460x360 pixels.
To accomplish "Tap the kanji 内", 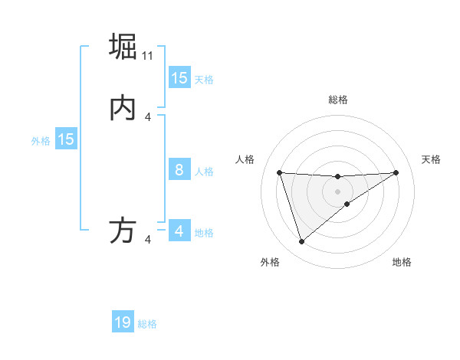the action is click(123, 108).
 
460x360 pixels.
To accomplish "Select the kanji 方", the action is click(123, 231).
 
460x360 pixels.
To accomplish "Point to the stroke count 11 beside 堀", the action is click(149, 56).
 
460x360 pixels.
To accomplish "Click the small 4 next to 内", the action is click(149, 117).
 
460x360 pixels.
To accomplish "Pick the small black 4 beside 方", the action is click(149, 241).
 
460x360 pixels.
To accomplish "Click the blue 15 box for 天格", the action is click(179, 77).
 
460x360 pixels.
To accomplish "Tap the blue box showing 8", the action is click(179, 170).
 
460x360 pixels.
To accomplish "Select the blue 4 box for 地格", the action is click(179, 231).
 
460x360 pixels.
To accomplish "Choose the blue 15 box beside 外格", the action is click(66, 139).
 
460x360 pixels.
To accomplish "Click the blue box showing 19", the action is click(123, 322).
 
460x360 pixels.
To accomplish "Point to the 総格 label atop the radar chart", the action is click(338, 100).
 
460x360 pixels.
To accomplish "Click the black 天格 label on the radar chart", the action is click(431, 159).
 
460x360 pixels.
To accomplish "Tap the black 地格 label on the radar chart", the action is click(402, 262).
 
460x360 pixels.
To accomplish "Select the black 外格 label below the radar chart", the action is click(270, 262).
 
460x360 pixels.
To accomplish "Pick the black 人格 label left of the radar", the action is click(245, 159).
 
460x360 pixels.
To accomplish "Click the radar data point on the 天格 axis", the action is click(396, 172).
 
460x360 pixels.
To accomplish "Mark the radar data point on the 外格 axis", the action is click(301, 242).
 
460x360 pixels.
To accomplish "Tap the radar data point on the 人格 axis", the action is click(279, 172).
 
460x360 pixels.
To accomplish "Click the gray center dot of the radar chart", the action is click(337, 191).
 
